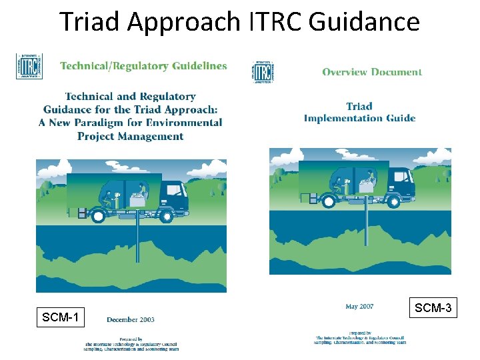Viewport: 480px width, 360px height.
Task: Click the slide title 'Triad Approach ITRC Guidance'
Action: pos(240,21)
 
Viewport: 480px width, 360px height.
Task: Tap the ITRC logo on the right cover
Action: pos(262,71)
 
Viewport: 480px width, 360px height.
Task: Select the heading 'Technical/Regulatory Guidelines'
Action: pos(143,66)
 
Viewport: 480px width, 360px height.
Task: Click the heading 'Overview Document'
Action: pos(372,72)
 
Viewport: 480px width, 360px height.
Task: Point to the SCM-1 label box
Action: pos(60,317)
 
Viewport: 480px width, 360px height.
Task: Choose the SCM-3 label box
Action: pos(433,307)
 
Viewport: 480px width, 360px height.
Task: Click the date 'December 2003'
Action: pos(131,319)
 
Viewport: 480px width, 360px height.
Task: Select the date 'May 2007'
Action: pos(359,307)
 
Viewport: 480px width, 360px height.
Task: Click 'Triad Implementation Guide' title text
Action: pos(359,112)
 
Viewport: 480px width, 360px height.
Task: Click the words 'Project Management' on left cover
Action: pos(130,136)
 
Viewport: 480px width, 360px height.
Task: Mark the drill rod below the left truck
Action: pos(137,240)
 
